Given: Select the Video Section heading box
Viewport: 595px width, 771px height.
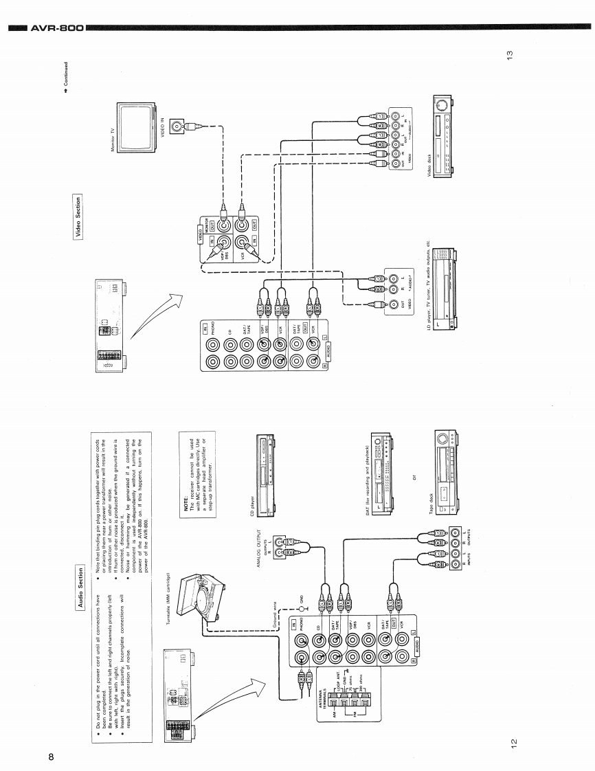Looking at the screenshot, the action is pos(78,207).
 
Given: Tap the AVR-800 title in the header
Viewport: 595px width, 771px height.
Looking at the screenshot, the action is pos(58,28).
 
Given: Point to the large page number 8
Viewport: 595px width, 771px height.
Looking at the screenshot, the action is pos(51,757).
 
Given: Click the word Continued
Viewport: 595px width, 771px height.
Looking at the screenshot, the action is pos(66,77).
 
